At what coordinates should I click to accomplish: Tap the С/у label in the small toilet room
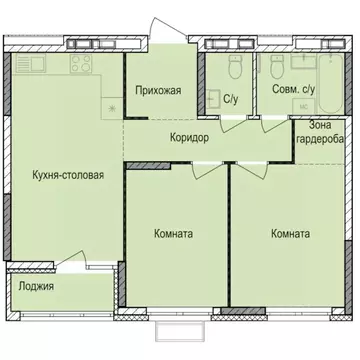coord(231,98)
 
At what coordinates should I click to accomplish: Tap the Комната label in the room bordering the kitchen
coord(174,234)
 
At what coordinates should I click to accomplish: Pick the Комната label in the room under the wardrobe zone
coord(290,234)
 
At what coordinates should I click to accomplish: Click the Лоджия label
coord(36,286)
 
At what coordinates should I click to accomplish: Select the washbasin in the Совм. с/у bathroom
coord(298,63)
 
